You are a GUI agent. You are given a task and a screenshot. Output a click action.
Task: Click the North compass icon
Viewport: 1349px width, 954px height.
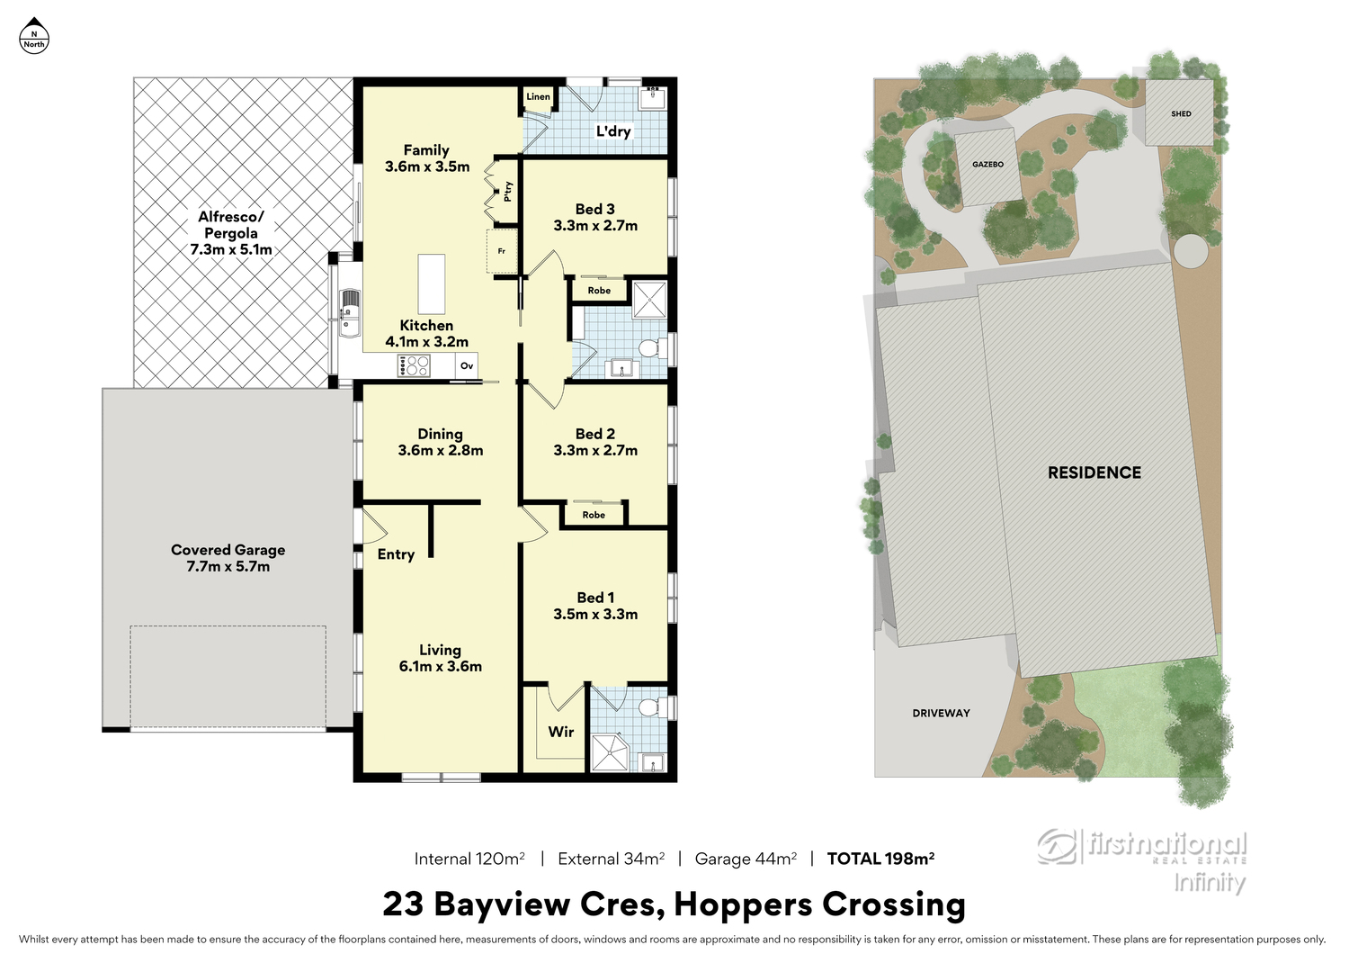point(34,36)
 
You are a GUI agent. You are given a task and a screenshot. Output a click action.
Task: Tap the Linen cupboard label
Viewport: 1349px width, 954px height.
point(538,96)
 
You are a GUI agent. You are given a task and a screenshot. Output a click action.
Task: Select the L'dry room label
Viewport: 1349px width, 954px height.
point(613,131)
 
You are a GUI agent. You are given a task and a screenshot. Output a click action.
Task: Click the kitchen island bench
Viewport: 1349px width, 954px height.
point(432,283)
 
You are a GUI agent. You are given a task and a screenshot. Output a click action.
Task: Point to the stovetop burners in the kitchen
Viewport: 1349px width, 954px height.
point(414,365)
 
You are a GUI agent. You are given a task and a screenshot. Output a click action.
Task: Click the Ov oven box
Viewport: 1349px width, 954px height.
point(467,365)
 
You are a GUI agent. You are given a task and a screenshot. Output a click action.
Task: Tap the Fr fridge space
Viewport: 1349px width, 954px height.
point(502,251)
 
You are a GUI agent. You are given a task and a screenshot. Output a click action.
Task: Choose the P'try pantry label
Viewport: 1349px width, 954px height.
point(508,192)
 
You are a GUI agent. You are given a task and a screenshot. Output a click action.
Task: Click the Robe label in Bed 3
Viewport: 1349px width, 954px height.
point(599,291)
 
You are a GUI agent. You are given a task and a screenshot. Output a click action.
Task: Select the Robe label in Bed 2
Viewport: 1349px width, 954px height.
point(594,515)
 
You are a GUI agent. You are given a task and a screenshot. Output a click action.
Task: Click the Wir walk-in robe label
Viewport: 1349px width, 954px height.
point(560,732)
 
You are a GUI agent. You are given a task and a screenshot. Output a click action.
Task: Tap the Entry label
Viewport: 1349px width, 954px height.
point(396,554)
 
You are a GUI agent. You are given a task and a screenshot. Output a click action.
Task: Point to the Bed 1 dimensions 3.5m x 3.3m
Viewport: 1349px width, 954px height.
point(595,614)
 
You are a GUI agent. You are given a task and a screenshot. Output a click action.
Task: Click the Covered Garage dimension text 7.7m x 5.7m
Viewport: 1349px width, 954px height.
point(228,566)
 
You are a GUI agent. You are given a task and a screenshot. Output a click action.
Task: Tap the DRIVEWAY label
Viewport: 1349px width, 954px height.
point(941,713)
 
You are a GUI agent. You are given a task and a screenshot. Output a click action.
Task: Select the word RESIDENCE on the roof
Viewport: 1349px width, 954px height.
point(1094,472)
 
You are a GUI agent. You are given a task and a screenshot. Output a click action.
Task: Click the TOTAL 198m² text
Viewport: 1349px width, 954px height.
point(880,859)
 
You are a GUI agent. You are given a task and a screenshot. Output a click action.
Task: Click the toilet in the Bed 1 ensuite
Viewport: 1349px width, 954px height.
point(653,706)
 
